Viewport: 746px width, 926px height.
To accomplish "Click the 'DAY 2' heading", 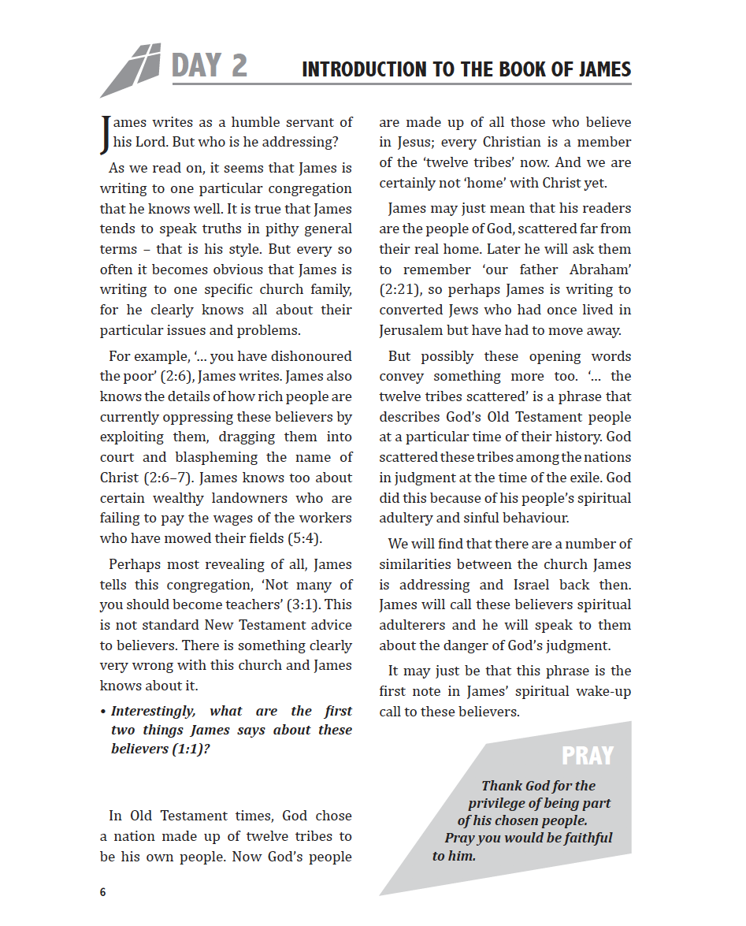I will pyautogui.click(x=209, y=66).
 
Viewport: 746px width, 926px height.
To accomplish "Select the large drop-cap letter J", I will pyautogui.click(x=106, y=134).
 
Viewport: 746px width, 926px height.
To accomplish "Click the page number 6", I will pyautogui.click(x=103, y=892).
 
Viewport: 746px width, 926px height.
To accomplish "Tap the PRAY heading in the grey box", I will pyautogui.click(x=587, y=756).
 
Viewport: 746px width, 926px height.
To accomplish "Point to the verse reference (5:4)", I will pyautogui.click(x=304, y=539).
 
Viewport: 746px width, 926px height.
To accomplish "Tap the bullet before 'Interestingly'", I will pyautogui.click(x=103, y=712).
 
